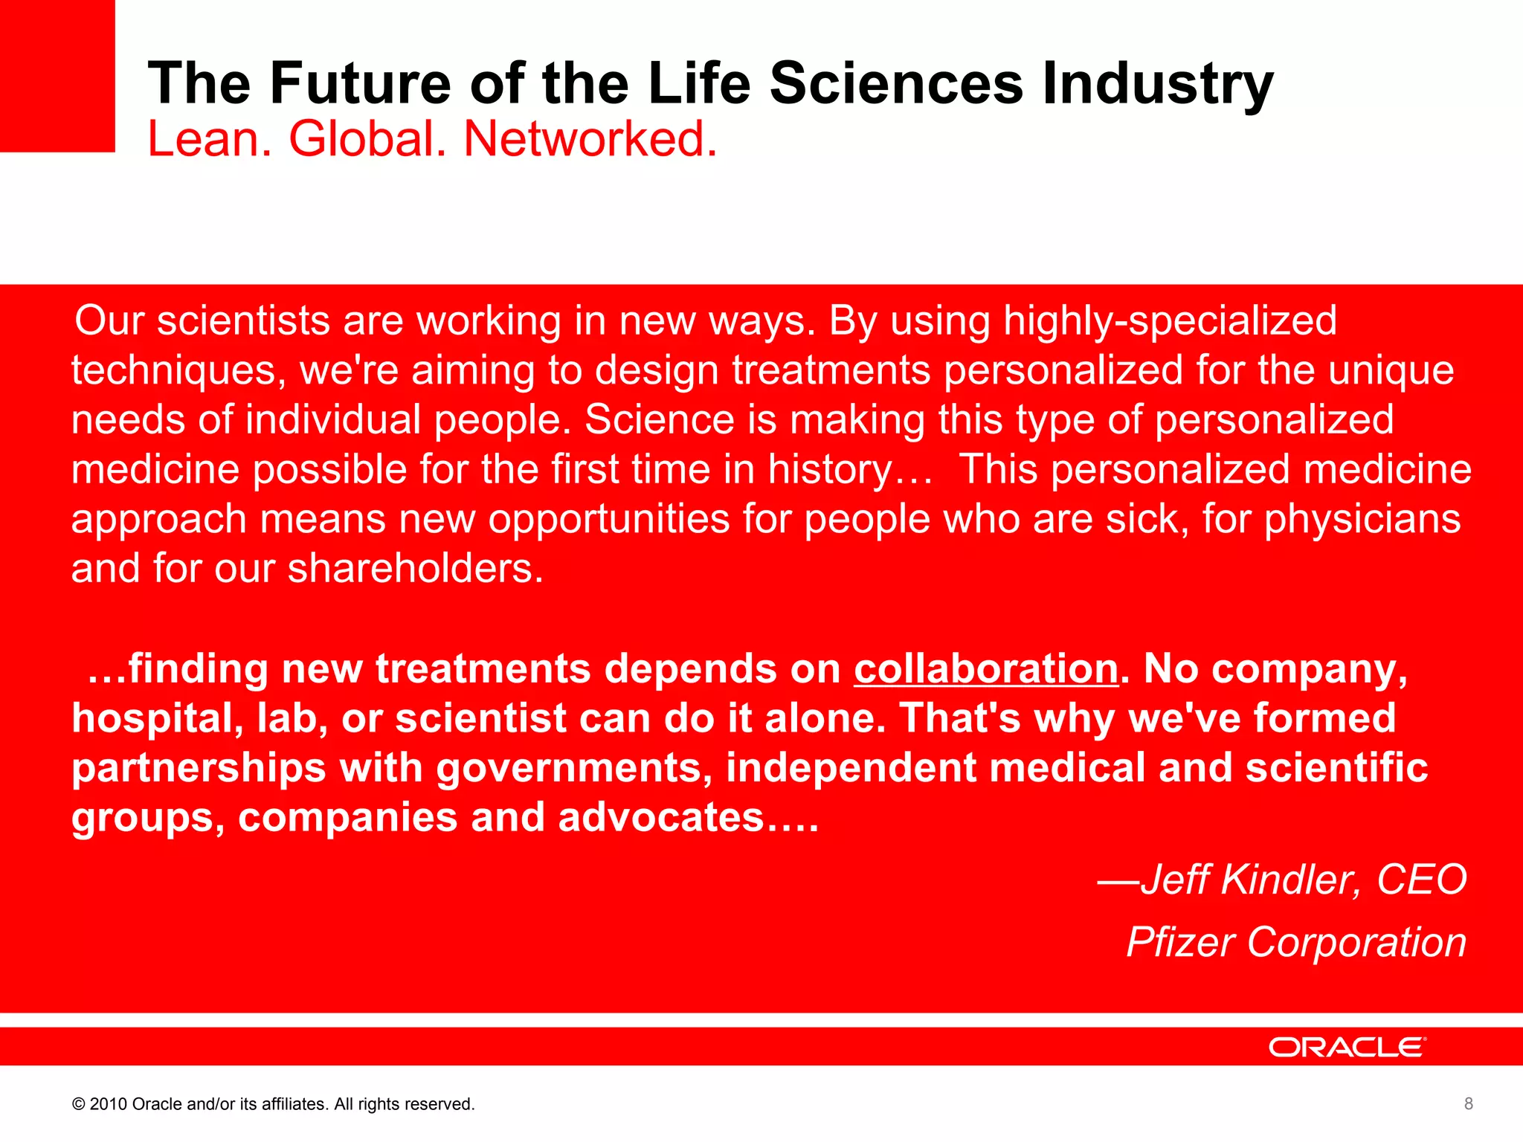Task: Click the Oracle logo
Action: (x=1347, y=1047)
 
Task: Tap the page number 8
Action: (x=1468, y=1103)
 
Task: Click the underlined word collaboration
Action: (x=985, y=668)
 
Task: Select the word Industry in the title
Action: (x=1158, y=83)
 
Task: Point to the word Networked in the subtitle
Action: (x=590, y=139)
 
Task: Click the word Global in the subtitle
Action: (x=368, y=139)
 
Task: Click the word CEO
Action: (x=1421, y=880)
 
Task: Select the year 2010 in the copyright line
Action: (x=109, y=1104)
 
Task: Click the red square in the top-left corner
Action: (x=57, y=75)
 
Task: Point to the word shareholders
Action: (x=415, y=569)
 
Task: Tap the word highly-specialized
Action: (x=1170, y=321)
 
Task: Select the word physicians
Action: (x=1362, y=519)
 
